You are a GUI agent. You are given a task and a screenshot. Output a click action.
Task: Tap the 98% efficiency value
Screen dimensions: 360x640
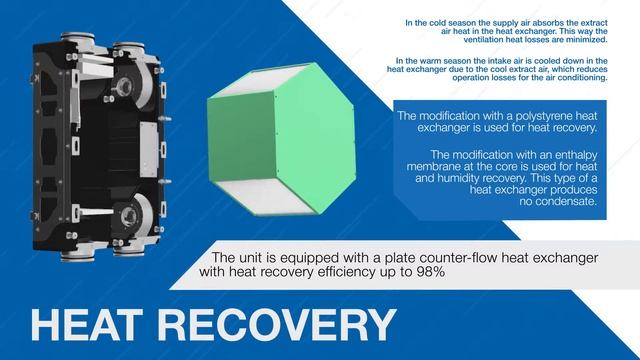click(428, 271)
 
